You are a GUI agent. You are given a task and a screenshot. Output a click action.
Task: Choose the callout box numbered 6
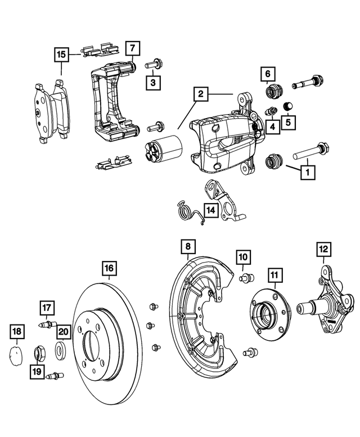268,73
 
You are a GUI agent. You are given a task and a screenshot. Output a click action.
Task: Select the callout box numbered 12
323,248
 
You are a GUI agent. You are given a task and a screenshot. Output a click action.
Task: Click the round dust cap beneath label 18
17,355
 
